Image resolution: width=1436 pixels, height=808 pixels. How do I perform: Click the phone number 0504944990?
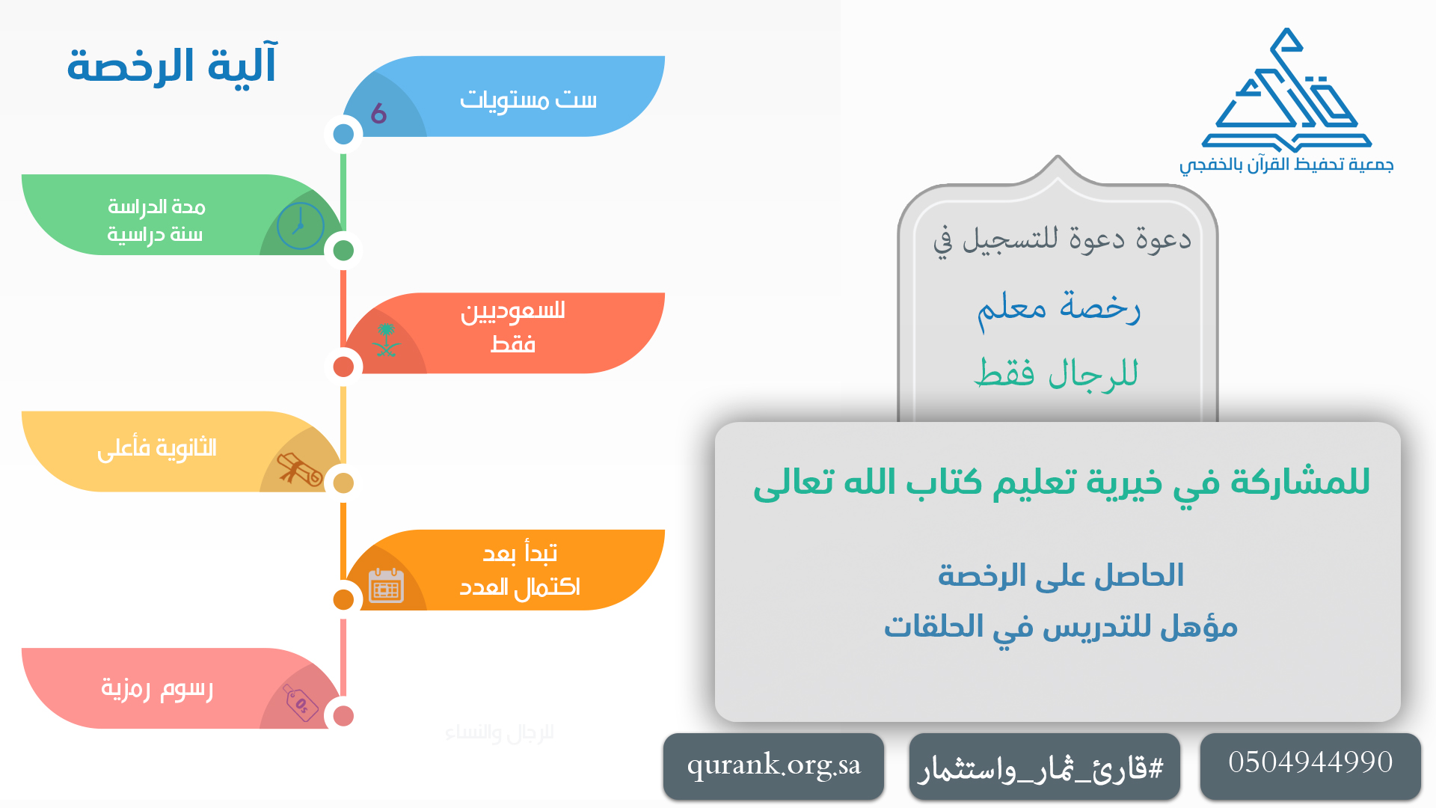1310,762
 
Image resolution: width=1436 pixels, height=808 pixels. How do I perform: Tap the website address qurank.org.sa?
773,765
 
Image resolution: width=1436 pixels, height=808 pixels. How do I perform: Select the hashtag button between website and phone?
1044,767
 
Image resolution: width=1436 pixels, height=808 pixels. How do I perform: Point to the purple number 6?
378,114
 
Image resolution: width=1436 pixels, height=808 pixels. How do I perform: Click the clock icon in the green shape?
300,225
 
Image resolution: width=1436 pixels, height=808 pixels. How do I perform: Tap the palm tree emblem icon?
386,340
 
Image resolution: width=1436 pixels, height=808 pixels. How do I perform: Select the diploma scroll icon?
299,469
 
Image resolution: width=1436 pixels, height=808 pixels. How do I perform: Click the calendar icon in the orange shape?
386,586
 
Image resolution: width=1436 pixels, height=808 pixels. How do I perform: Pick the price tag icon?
301,703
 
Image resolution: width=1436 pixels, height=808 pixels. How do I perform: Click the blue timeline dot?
343,134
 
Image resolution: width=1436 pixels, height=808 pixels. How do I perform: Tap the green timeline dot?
343,251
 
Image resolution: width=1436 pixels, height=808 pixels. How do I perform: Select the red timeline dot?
343,367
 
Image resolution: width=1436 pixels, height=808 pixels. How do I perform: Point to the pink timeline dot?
343,716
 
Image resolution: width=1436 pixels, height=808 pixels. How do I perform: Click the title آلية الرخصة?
172,65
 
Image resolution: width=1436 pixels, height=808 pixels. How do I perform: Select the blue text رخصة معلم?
1058,307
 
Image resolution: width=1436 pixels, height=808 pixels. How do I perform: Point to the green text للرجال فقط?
1056,373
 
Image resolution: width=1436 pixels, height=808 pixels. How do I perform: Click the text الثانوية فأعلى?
157,448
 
